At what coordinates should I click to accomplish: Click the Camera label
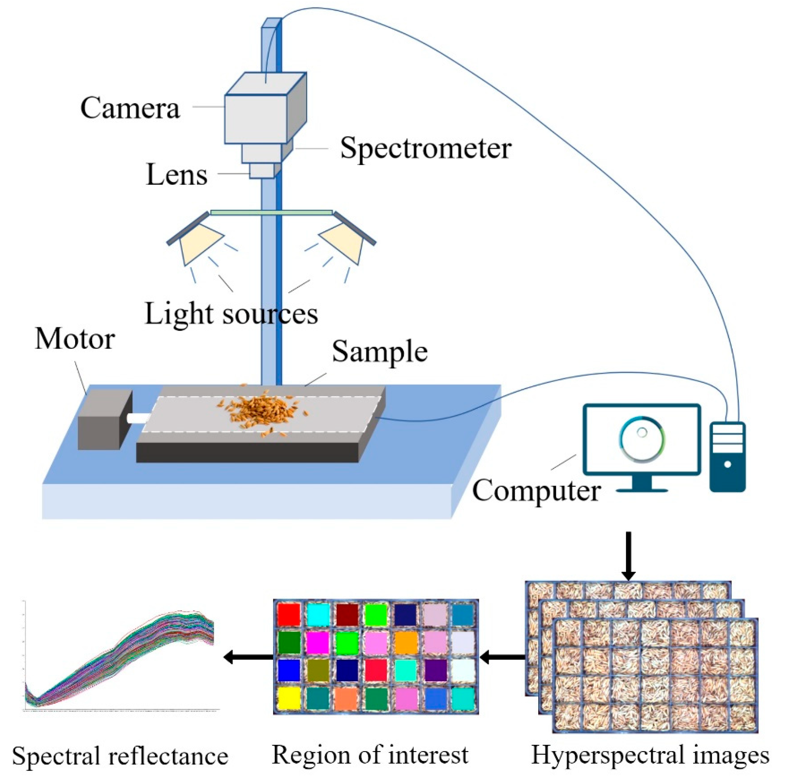130,109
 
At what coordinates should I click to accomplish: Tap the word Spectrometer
425,148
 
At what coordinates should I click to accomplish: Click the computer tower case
727,457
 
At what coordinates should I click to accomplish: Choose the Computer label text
536,491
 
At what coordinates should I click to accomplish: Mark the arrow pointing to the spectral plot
248,657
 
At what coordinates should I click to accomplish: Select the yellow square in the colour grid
289,698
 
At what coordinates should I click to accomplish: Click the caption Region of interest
370,755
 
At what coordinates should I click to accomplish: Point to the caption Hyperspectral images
650,755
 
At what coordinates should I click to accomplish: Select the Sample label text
380,351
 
